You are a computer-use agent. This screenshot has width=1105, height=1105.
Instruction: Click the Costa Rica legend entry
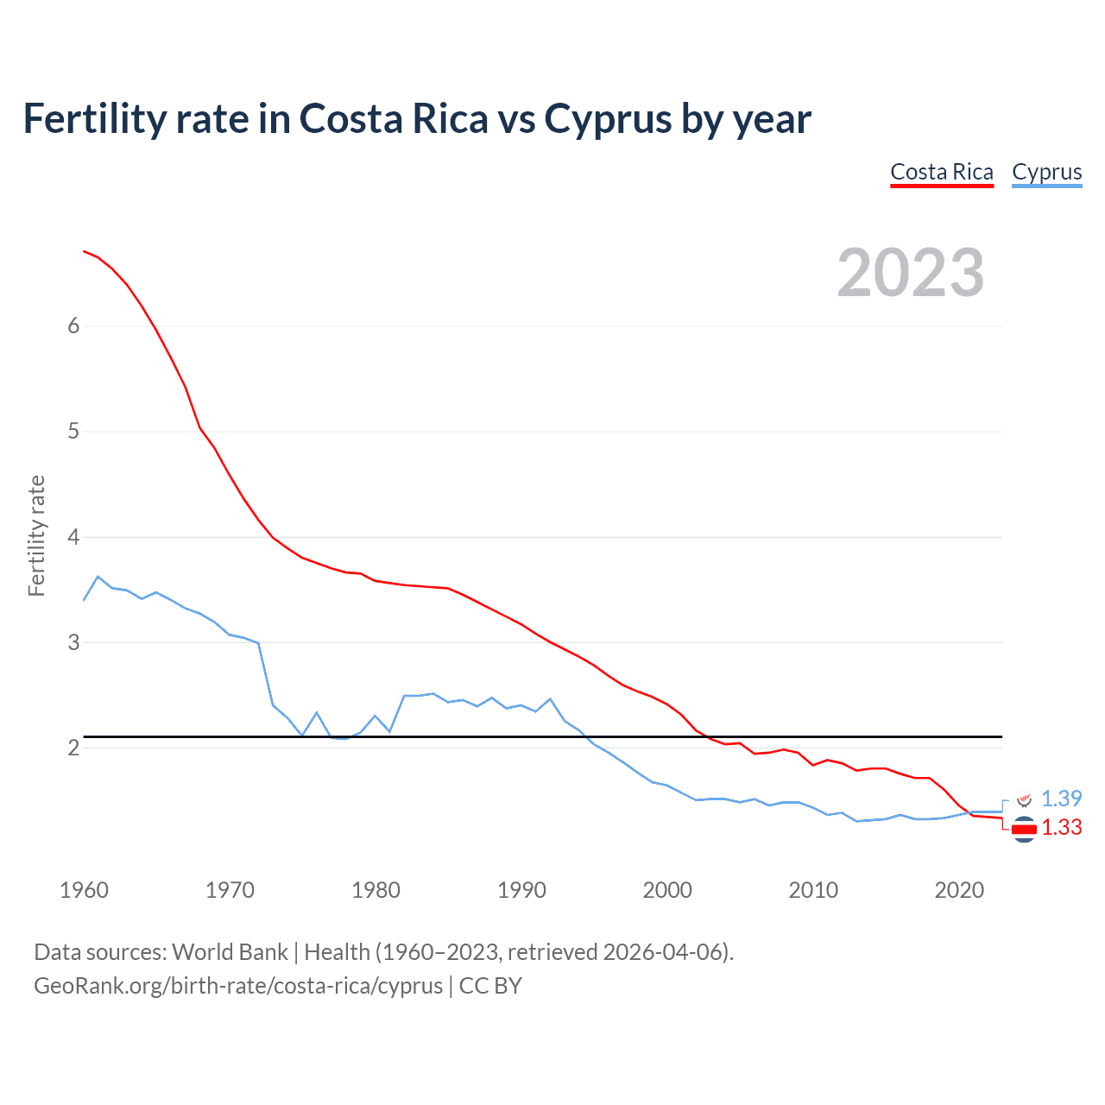(x=942, y=173)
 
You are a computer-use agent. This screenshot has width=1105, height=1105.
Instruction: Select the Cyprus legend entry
(x=1046, y=173)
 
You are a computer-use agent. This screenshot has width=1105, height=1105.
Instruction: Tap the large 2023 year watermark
(x=911, y=273)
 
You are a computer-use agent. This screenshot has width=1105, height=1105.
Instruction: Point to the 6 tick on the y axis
(x=73, y=326)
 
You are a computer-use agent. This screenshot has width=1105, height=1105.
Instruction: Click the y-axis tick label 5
(x=73, y=432)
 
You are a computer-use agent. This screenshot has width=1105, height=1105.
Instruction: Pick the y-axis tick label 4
(x=73, y=537)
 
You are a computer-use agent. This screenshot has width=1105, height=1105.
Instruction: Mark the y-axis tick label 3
(x=73, y=642)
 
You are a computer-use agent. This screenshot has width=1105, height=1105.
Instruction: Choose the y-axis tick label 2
(x=73, y=748)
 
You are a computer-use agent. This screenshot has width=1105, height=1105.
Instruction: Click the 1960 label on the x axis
(x=84, y=890)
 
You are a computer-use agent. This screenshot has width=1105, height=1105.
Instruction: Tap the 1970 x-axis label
(x=230, y=890)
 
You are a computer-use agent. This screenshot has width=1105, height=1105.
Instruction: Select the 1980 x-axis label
(x=376, y=890)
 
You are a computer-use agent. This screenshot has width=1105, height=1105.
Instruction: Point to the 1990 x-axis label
(x=521, y=890)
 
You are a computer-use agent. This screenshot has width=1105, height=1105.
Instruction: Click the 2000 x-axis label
(x=667, y=890)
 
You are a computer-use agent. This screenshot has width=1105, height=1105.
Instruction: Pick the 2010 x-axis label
(x=813, y=890)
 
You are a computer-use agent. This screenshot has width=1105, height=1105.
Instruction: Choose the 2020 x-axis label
(x=959, y=890)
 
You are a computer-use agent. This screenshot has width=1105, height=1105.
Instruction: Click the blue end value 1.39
(x=1061, y=799)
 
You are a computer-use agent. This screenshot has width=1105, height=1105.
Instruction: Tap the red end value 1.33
(x=1061, y=828)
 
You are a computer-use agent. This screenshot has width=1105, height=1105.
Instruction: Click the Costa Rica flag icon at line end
(x=1024, y=830)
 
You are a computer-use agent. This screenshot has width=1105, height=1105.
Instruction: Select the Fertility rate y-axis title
(x=36, y=535)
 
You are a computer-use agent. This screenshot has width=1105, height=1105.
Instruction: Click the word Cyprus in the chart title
(x=608, y=119)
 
